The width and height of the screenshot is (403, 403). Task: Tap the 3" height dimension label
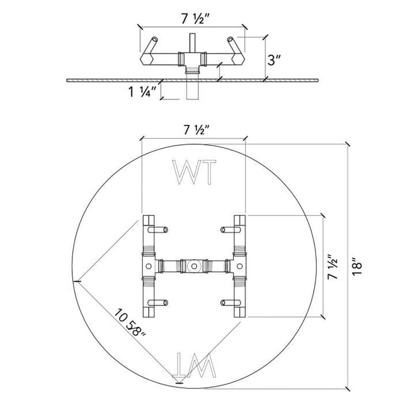(x=274, y=60)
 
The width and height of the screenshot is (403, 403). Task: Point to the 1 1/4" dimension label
(x=142, y=91)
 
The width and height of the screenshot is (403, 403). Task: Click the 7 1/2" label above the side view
(x=196, y=19)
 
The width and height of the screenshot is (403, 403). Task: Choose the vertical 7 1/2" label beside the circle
(x=332, y=267)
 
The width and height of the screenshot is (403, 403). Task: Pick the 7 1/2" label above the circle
(x=197, y=130)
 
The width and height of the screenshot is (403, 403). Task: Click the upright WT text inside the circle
(x=194, y=172)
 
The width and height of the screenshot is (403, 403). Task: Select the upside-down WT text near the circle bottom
(x=195, y=365)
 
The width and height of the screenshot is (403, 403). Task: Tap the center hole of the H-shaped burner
(x=194, y=266)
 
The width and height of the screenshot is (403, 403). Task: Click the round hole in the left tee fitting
(x=149, y=266)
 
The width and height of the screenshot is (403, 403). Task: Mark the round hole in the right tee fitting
(x=239, y=266)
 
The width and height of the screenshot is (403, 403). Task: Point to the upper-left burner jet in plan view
(x=158, y=229)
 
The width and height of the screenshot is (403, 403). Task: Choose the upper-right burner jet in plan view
(x=230, y=229)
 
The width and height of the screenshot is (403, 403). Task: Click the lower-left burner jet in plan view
(x=158, y=303)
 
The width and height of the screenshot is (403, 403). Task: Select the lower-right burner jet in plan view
(x=230, y=303)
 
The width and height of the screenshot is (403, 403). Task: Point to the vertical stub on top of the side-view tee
(x=193, y=43)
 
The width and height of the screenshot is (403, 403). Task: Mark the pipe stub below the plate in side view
(x=193, y=91)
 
